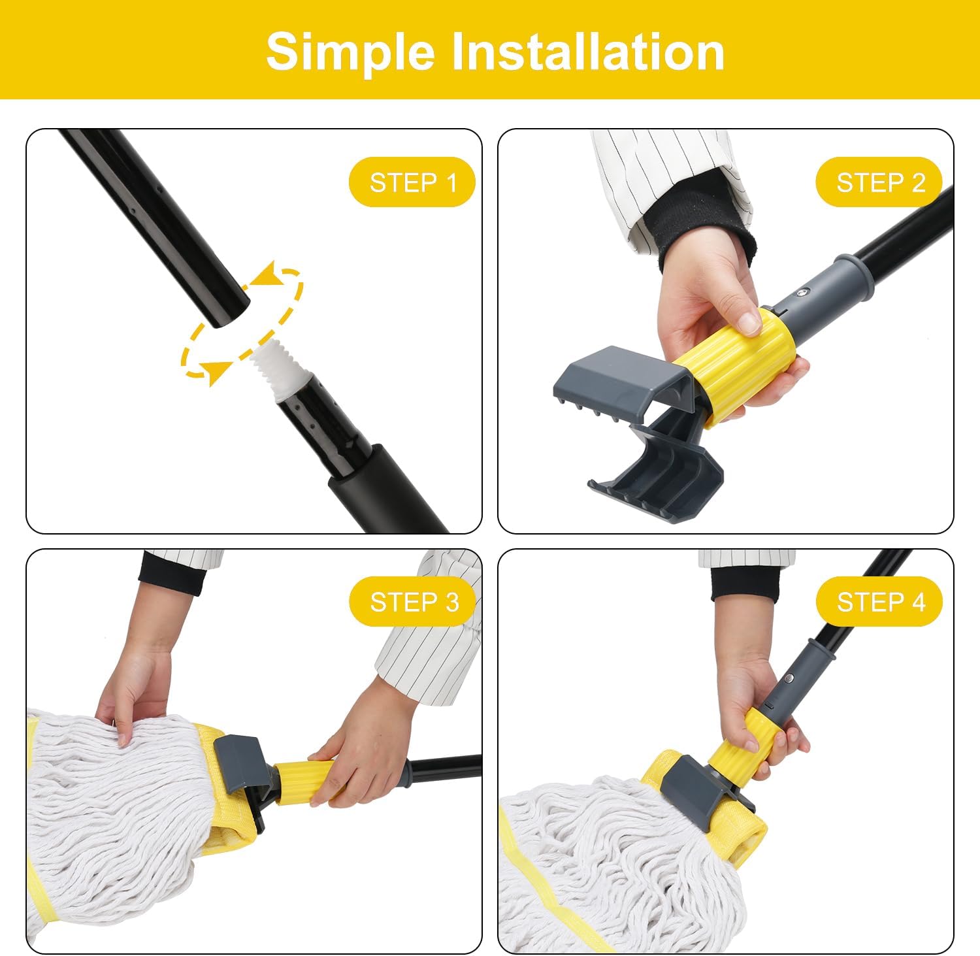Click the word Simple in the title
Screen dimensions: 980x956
tap(350, 52)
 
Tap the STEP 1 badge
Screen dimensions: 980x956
tap(412, 182)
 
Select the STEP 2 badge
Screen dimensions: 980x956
tap(879, 182)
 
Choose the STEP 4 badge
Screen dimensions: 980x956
tap(879, 602)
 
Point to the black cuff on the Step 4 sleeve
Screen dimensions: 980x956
tap(745, 584)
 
